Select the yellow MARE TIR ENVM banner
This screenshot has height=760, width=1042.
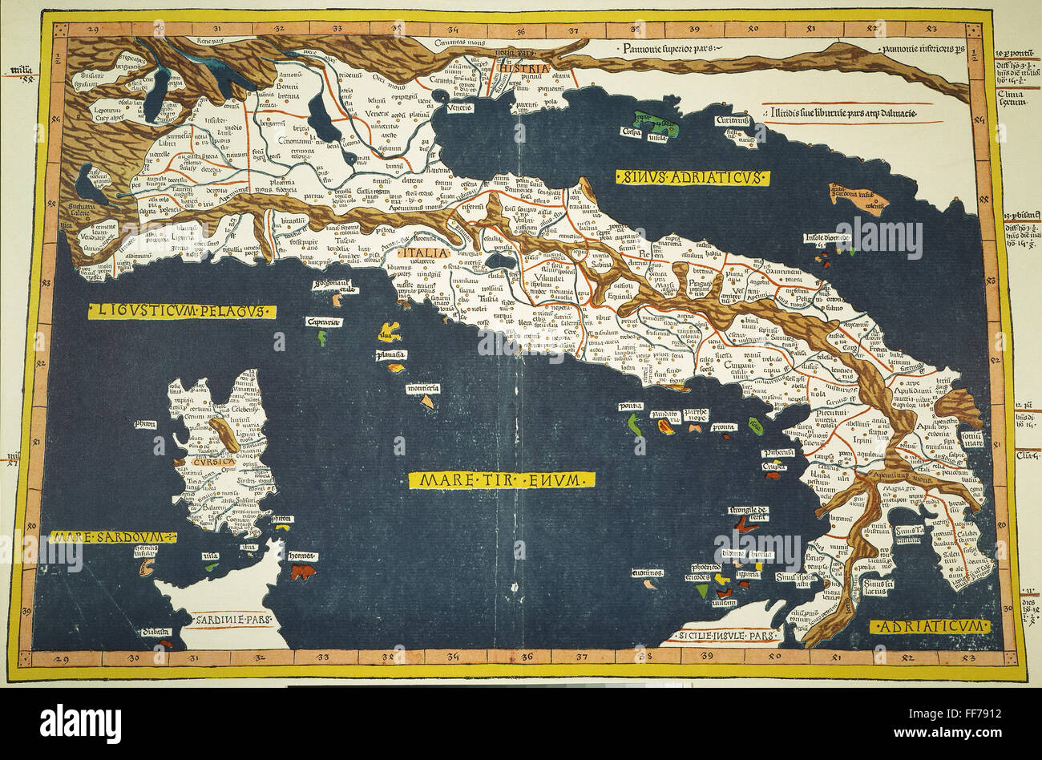point(502,479)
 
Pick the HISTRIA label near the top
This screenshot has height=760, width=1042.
point(522,68)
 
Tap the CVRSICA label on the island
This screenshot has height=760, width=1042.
point(212,463)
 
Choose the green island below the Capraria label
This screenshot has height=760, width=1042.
point(321,338)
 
